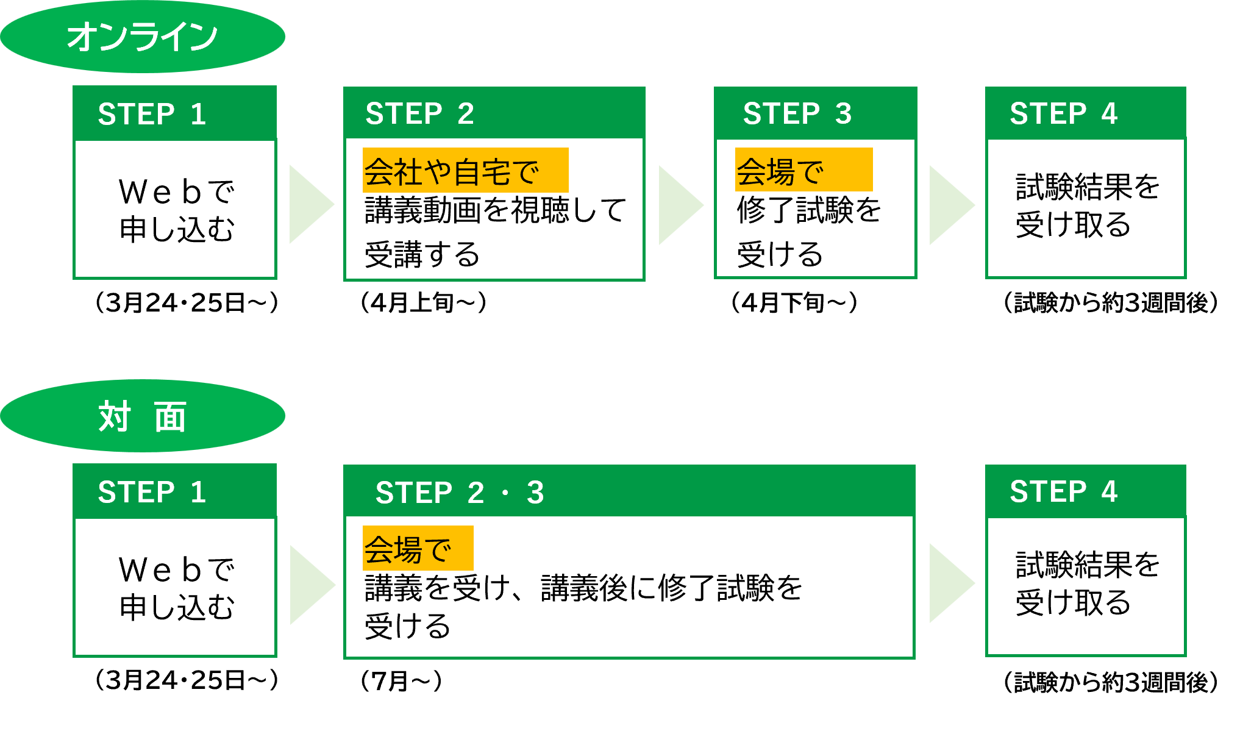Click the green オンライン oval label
click(x=143, y=37)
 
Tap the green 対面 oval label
click(x=143, y=416)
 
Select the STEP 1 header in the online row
click(x=175, y=113)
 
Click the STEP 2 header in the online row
click(x=494, y=113)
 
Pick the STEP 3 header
click(x=815, y=113)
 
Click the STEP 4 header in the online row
click(x=1085, y=113)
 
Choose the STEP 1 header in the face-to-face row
click(x=175, y=491)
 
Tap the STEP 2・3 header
click(x=629, y=491)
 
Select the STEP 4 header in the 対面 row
click(x=1085, y=491)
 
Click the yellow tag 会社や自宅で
click(x=465, y=170)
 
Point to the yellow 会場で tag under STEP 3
click(x=803, y=170)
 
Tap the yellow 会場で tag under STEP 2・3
click(x=418, y=548)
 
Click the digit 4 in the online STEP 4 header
click(x=1109, y=113)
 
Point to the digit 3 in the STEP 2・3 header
click(x=535, y=493)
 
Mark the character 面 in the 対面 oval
click(x=170, y=418)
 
